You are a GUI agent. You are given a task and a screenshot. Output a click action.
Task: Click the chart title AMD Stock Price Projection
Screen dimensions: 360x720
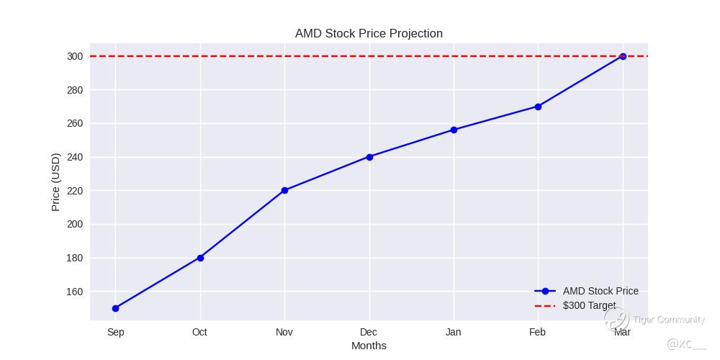369,34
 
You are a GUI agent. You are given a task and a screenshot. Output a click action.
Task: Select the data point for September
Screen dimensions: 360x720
115,308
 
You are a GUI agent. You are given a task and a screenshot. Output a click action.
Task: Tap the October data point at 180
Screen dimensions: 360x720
200,258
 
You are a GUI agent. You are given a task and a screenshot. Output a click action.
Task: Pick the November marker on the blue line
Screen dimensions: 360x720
284,190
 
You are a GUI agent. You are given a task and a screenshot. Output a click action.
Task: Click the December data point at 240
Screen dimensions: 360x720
369,157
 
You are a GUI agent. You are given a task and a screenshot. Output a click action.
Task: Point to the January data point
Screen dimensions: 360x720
454,130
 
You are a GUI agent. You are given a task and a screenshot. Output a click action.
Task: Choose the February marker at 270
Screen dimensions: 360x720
538,107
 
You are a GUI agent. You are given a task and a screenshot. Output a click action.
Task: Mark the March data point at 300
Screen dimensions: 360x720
623,56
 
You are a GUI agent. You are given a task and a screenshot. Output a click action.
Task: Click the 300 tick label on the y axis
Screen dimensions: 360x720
75,56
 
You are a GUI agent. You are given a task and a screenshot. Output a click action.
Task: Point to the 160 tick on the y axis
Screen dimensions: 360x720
75,292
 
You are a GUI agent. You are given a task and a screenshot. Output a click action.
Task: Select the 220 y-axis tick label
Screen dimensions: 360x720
75,191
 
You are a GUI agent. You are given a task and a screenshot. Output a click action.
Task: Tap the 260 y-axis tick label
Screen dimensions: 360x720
75,123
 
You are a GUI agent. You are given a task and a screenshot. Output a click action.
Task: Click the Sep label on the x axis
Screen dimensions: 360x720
115,332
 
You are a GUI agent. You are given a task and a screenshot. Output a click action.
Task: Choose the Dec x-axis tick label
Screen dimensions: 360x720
369,332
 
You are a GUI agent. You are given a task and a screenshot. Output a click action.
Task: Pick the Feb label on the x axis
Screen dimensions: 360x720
537,332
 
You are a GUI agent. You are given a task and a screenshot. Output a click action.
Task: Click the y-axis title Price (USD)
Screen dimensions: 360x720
56,181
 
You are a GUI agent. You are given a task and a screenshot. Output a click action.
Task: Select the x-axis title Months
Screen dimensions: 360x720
369,346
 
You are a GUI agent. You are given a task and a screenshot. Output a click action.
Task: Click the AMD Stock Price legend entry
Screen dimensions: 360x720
600,291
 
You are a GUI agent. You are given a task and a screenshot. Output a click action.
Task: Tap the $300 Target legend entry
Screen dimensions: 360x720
589,305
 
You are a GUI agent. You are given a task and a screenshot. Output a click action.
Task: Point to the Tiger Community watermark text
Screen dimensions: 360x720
668,320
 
